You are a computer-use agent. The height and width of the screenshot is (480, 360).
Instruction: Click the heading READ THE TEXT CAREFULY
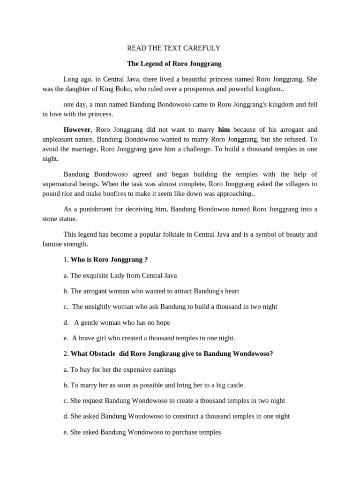point(174,48)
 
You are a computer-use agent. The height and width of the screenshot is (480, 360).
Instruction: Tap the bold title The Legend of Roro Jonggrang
point(174,63)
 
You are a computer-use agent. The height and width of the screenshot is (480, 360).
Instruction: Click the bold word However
point(76,129)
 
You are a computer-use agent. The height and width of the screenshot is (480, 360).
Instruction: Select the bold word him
point(224,129)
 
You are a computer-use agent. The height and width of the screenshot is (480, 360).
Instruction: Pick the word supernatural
point(61,184)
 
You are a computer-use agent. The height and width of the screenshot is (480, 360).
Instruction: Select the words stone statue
point(60,218)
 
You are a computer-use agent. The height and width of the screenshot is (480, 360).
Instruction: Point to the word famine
point(52,244)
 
